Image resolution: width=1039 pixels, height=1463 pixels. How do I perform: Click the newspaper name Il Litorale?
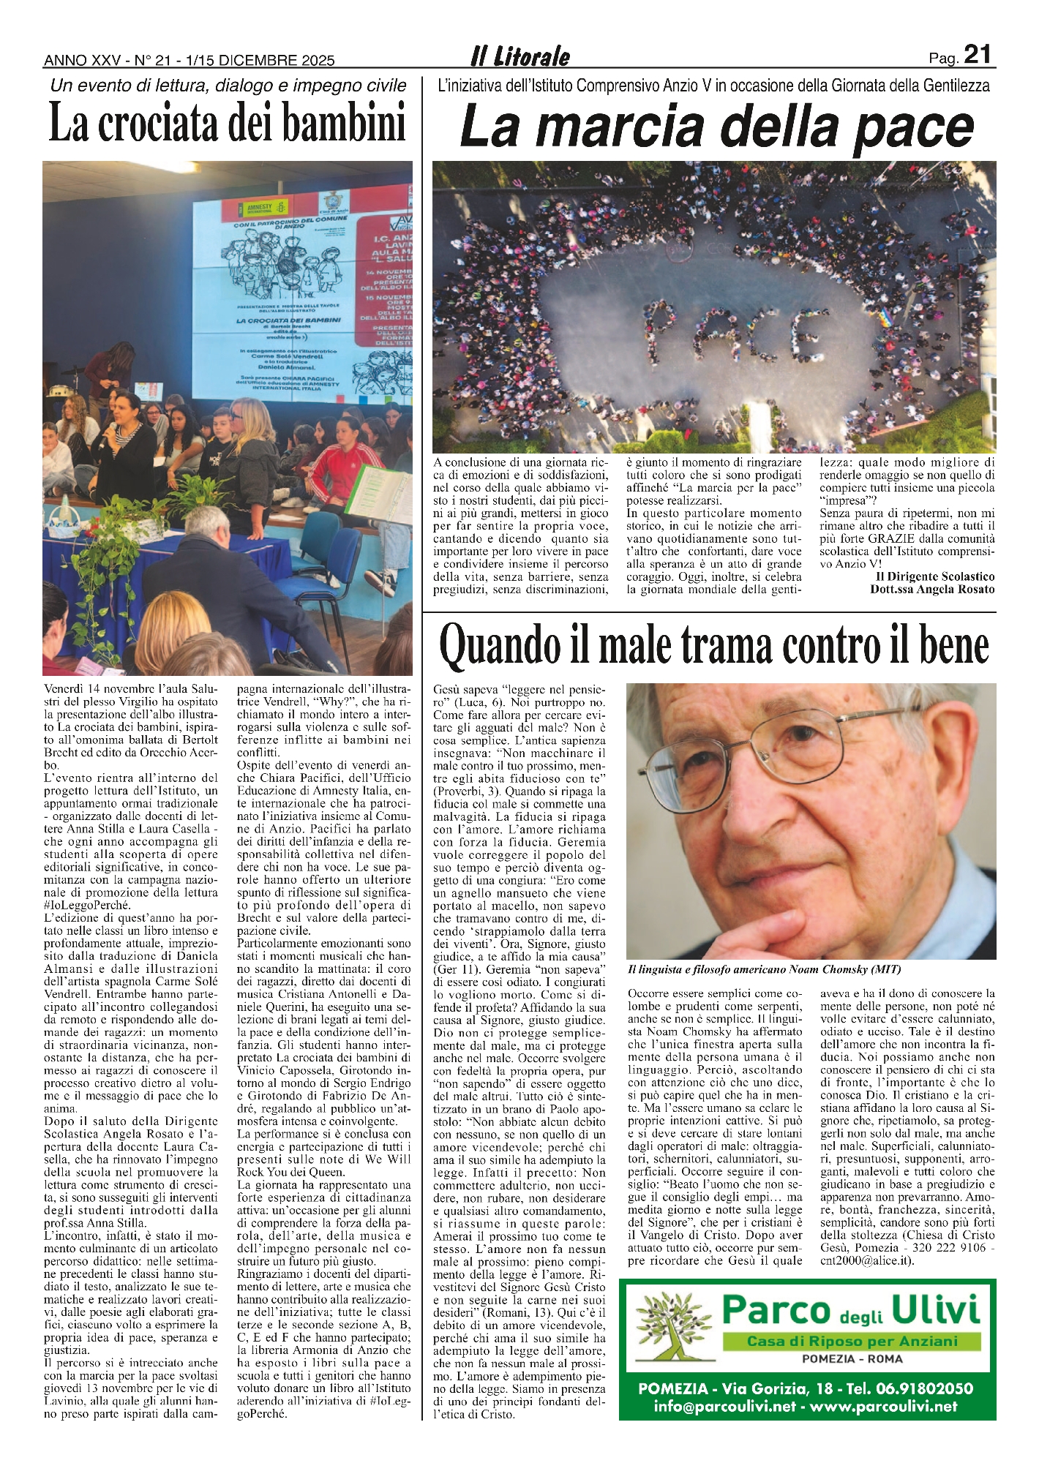coord(519,57)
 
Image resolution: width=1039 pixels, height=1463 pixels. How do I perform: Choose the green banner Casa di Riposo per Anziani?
coord(852,1342)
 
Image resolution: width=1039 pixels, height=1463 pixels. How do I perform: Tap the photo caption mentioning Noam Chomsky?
coord(764,969)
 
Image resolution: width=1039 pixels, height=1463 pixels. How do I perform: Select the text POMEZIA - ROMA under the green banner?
coord(852,1359)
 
